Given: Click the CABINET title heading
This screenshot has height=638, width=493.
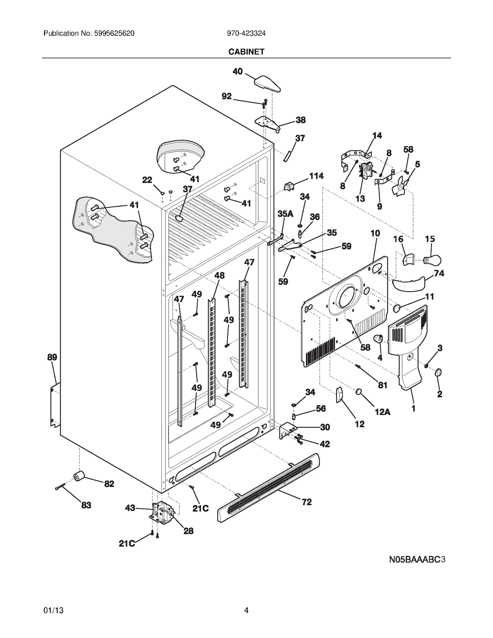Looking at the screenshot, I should (246, 52).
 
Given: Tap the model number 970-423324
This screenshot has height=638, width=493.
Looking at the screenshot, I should (246, 33).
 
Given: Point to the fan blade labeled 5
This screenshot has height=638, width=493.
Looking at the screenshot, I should (400, 186).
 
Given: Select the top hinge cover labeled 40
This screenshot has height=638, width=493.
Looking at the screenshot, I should (267, 83).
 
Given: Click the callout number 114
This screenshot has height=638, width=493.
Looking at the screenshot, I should (316, 176).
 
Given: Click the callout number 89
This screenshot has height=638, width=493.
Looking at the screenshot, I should (52, 357).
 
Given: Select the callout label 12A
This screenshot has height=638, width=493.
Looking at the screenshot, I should (382, 412).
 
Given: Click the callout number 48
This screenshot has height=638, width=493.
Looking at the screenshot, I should (219, 275).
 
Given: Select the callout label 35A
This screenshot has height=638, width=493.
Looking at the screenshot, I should (285, 214).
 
